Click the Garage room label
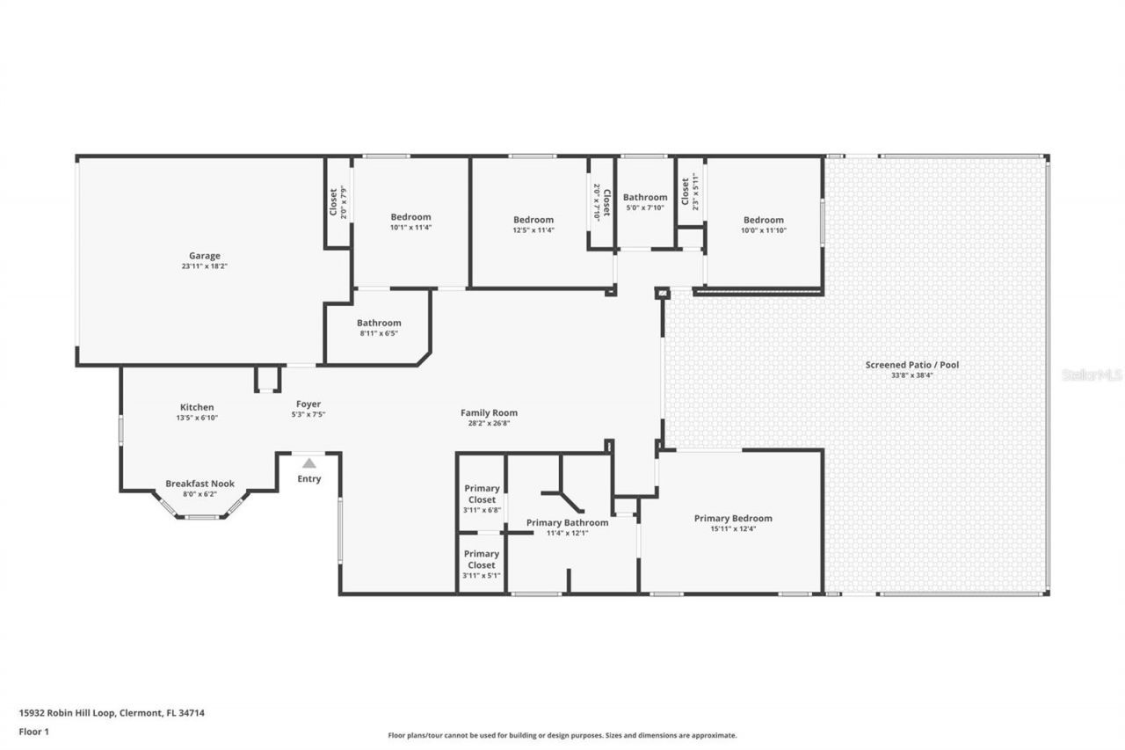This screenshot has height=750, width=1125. pos(204,256)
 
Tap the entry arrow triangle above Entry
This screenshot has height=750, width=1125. pos(308,462)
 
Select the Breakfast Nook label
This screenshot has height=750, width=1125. pos(200,484)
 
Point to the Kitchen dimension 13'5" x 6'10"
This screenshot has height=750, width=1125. pos(197,418)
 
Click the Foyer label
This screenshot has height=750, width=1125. pos(308,404)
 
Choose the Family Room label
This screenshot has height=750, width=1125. pos(489,412)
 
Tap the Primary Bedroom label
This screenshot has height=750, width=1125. pos(733,518)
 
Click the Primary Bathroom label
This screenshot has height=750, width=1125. pos(567,522)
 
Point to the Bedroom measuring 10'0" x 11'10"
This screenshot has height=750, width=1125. pos(763,220)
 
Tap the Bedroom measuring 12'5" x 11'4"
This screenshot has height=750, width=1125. pos(533,220)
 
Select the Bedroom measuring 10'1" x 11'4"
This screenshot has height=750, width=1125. pos(410,217)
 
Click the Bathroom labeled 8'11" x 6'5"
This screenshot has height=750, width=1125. pos(379,323)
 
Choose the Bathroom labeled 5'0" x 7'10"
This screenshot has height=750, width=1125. pos(645,198)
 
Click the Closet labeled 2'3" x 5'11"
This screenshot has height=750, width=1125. pos(686,192)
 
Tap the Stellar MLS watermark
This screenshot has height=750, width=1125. pos(1092,375)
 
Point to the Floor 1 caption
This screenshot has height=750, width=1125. pos(33,731)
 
